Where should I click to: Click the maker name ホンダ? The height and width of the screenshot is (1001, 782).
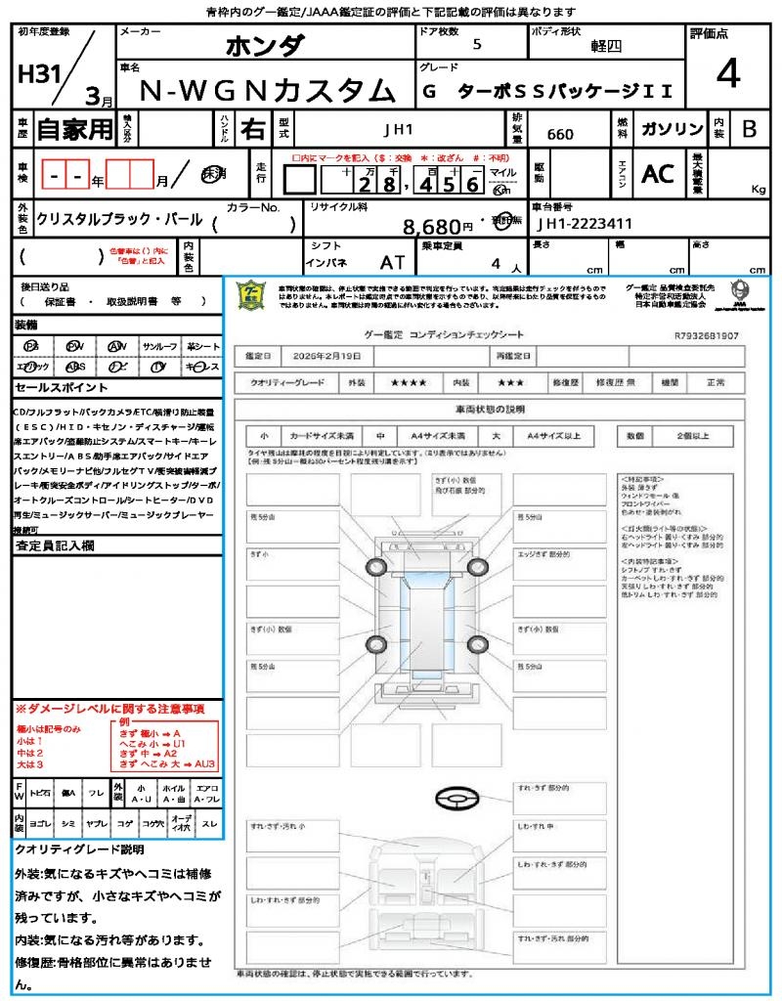tap(265, 45)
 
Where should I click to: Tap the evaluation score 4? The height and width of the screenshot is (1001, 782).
tap(726, 73)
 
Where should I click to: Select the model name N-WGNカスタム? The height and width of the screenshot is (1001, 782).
tap(268, 90)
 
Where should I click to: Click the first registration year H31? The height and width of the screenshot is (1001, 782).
tap(37, 76)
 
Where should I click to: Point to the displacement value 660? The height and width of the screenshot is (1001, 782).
tap(560, 134)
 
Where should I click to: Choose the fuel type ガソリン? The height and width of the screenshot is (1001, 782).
tap(671, 128)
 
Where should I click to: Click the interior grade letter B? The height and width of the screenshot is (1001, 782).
tap(749, 129)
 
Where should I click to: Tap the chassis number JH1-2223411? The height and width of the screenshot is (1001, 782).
tap(585, 225)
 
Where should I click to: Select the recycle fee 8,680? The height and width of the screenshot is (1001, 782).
tap(431, 227)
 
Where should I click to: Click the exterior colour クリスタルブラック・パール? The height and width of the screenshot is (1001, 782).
tap(119, 220)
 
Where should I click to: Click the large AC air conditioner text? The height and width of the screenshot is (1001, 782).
tap(658, 174)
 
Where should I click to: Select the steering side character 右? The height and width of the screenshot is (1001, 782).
tap(253, 129)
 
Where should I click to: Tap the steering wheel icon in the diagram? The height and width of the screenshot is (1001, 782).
tap(456, 800)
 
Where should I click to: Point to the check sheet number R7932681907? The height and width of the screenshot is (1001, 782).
tap(706, 335)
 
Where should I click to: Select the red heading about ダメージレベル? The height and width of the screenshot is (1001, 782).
tap(109, 708)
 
